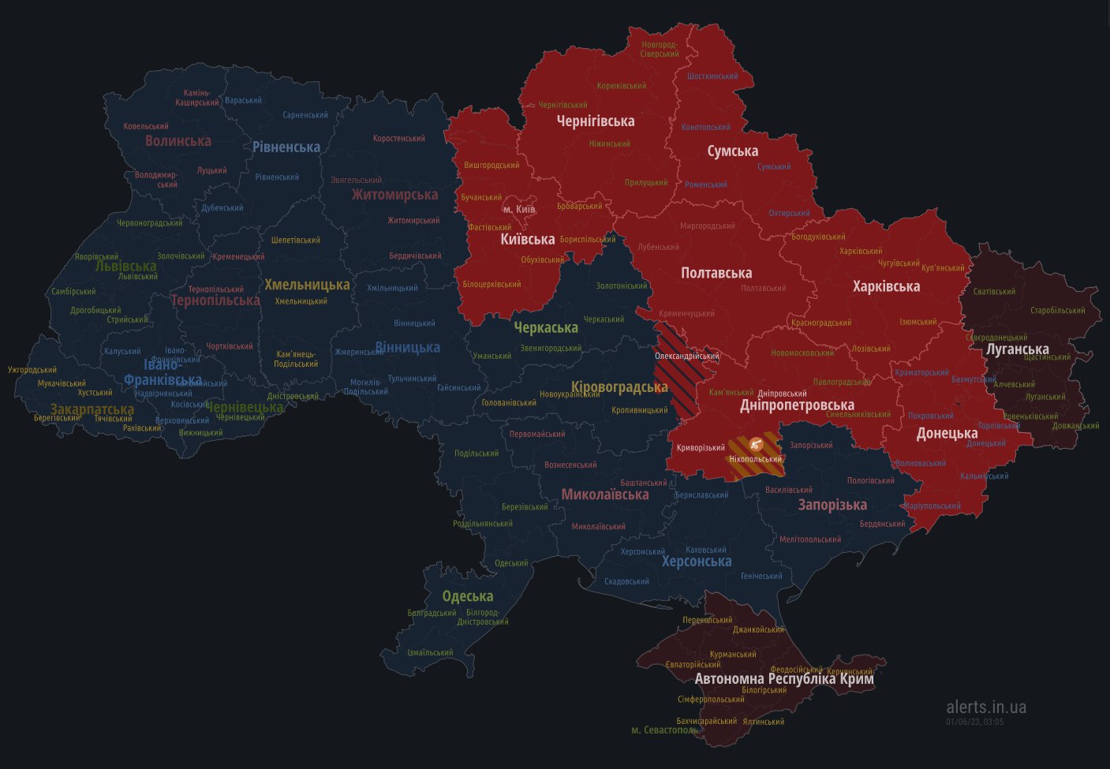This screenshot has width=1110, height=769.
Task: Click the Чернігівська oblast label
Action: (596, 121)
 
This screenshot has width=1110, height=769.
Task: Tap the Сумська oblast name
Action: (732, 151)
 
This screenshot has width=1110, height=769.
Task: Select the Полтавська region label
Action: (716, 273)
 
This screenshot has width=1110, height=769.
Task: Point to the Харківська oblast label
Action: (886, 286)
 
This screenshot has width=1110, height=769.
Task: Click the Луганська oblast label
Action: (1018, 349)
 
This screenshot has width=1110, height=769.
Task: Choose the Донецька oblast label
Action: (947, 433)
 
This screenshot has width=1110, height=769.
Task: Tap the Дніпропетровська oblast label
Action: (797, 405)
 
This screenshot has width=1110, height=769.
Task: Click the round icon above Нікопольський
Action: (756, 444)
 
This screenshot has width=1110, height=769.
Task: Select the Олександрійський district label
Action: (686, 357)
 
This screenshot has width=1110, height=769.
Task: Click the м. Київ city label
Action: (519, 209)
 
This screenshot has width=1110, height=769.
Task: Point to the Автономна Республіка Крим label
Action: (784, 678)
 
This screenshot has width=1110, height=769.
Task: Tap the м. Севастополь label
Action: (665, 730)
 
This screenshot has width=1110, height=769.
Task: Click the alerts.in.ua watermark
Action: (986, 707)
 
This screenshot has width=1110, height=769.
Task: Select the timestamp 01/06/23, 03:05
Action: (975, 722)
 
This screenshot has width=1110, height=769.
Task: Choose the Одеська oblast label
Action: (468, 596)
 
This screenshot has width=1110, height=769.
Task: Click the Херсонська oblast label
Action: (697, 562)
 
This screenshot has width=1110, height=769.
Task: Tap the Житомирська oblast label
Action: (394, 194)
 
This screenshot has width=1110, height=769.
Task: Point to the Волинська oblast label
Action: (178, 140)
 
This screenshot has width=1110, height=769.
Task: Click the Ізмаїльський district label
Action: (430, 653)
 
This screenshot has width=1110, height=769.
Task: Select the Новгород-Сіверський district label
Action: (660, 49)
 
